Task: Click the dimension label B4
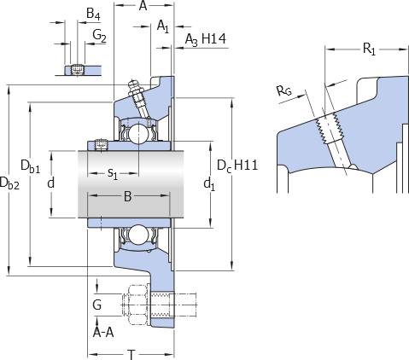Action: point(93,14)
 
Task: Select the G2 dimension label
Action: point(99,37)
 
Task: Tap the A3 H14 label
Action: point(206,39)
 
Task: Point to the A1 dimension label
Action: point(163,26)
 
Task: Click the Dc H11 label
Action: point(237,165)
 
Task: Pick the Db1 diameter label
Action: point(31,166)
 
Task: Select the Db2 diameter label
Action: point(9,183)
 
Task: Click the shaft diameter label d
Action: point(51,183)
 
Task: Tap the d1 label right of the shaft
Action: point(209,184)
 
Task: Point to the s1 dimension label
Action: point(113,173)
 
